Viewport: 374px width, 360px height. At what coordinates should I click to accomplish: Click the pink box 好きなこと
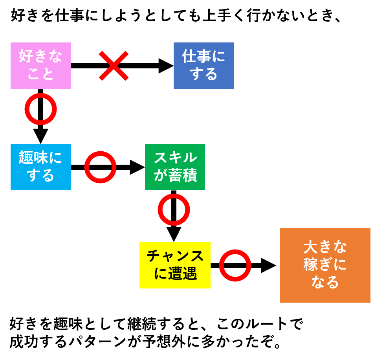40,66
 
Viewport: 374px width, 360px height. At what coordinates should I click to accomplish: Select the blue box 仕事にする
203,66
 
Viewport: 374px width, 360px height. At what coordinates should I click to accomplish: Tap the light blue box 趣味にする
40,167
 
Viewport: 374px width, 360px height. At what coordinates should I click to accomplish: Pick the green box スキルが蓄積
175,167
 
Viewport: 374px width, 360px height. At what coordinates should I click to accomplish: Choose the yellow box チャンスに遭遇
175,265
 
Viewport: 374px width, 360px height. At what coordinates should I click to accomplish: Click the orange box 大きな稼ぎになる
325,265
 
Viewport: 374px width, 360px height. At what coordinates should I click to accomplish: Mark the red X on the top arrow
114,66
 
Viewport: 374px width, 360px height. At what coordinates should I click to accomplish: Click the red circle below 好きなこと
40,109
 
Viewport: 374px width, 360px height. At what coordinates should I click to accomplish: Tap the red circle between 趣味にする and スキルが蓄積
101,167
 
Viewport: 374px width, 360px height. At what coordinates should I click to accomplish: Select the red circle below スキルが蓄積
174,209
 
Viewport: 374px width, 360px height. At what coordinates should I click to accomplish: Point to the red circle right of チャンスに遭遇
235,265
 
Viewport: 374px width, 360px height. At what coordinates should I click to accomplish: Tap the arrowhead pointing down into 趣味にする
40,136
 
